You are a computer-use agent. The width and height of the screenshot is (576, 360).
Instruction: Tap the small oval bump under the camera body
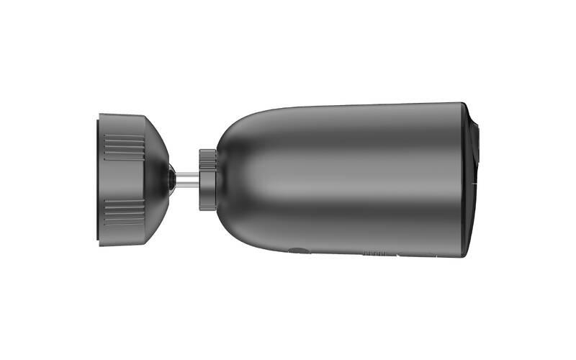(297, 251)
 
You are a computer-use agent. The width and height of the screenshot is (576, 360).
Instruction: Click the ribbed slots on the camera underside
(376, 253)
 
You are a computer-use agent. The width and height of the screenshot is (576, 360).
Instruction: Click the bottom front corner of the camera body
(462, 256)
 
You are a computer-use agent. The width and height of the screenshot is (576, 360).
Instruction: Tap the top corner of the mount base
(101, 115)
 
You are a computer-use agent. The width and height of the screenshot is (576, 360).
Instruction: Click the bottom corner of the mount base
(101, 244)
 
